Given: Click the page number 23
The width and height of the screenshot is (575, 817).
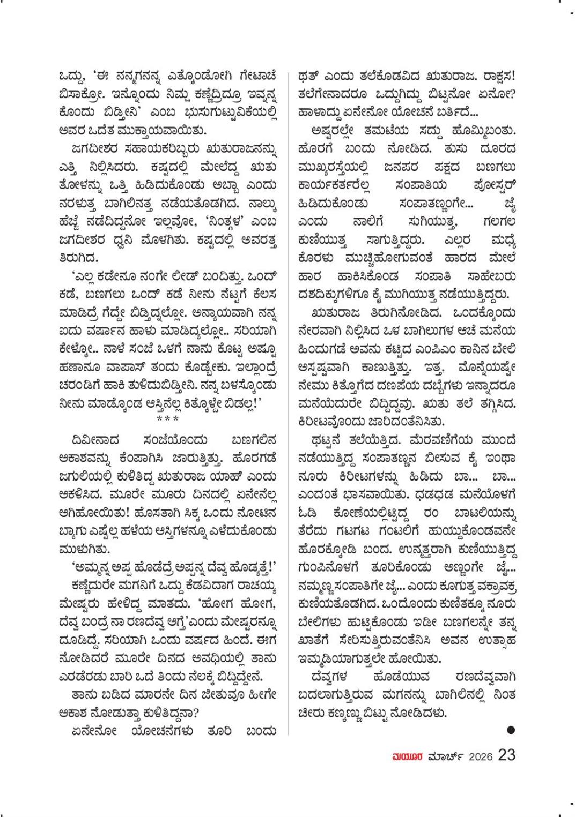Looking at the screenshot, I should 506,755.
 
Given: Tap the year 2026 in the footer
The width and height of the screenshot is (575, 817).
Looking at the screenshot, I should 480,756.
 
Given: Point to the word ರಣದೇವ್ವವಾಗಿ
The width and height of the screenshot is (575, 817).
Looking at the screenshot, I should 478,677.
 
